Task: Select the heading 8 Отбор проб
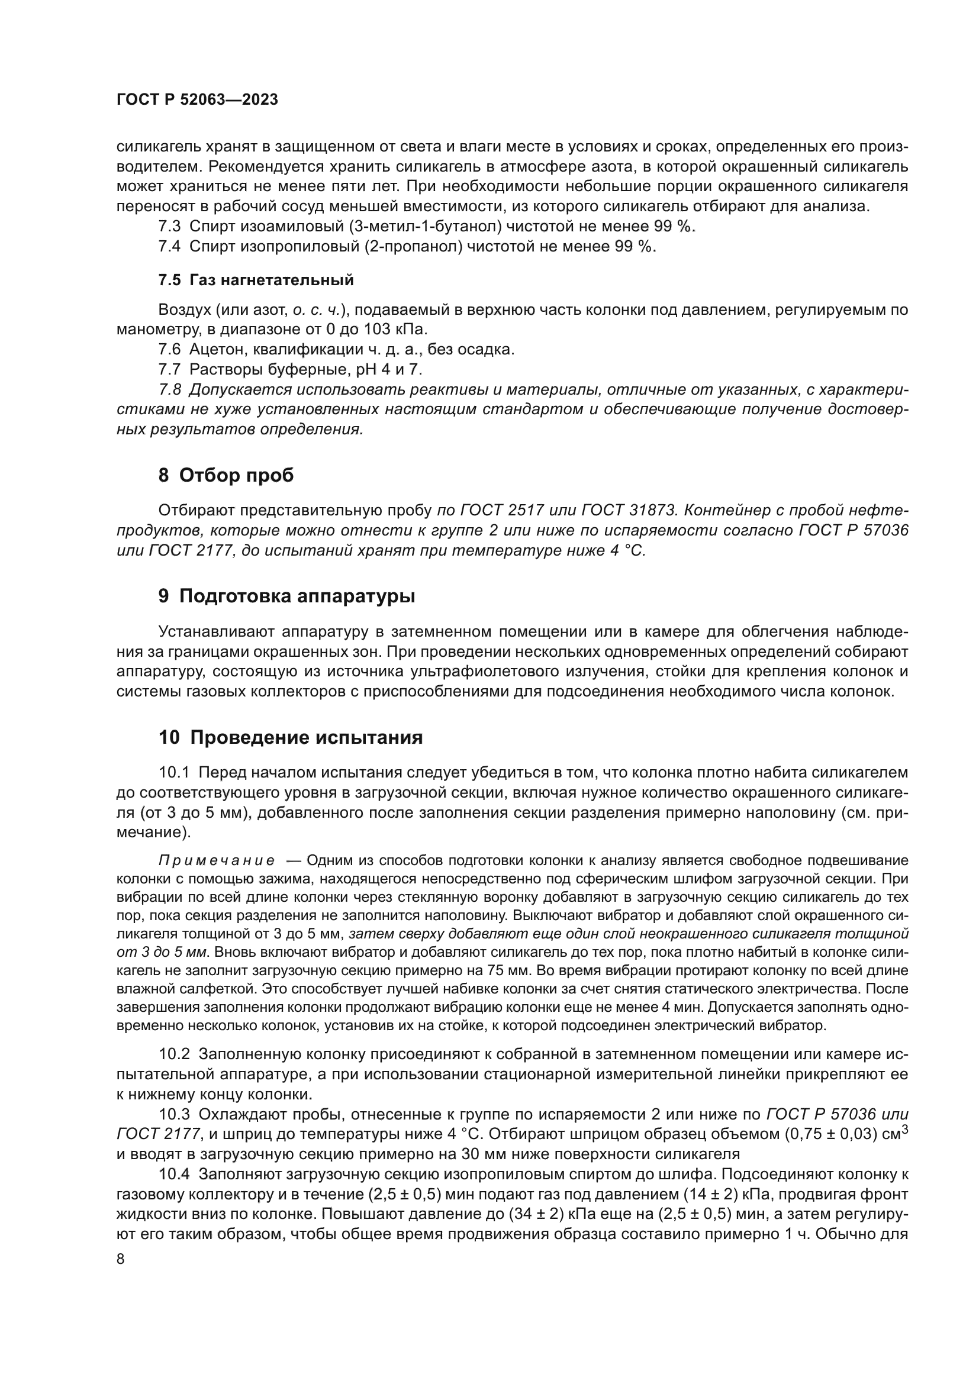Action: pos(226,475)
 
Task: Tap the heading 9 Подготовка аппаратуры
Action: pos(287,596)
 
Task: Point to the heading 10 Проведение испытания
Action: pos(291,737)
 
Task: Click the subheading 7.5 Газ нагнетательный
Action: pos(256,280)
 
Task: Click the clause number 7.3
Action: pos(169,227)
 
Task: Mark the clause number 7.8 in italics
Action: pos(169,390)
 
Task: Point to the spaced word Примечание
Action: pos(217,860)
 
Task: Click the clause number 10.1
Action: pos(174,773)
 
